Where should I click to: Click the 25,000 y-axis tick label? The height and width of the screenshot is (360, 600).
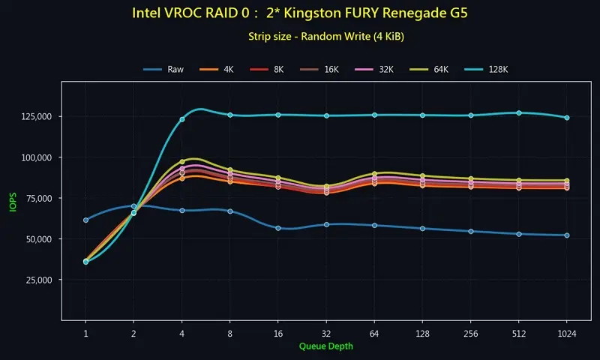[x=35, y=280]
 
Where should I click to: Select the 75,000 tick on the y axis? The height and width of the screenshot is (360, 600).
[x=35, y=198]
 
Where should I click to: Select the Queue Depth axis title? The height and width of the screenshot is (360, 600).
[x=325, y=346]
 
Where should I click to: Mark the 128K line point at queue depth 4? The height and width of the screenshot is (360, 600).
[x=182, y=119]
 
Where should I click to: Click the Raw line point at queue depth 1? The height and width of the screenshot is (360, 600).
[x=85, y=220]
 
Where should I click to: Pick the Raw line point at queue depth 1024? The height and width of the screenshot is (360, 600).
[x=567, y=235]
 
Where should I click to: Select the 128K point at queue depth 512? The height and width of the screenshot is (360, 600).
[x=519, y=113]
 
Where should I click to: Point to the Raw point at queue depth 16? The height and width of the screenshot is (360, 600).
[x=278, y=228]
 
